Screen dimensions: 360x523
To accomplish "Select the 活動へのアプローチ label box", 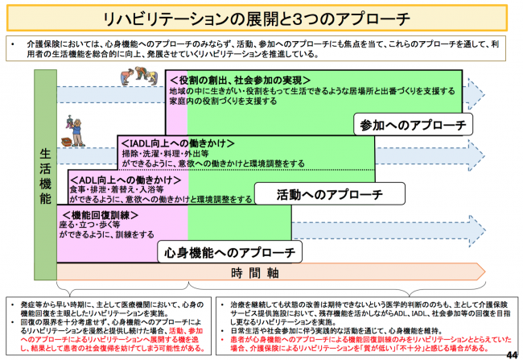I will [311, 194].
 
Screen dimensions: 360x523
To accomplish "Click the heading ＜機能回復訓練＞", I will [99, 214].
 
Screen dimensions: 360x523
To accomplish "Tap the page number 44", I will [511, 353].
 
